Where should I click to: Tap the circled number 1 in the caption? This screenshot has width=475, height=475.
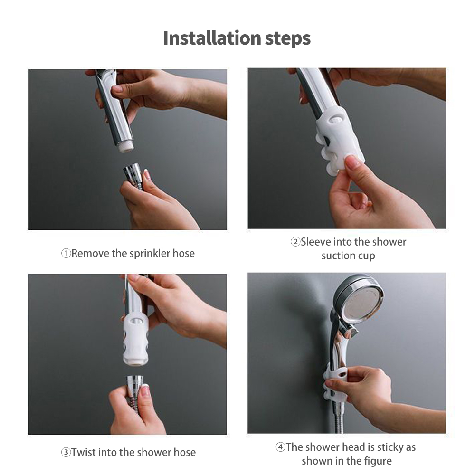click(x=66, y=254)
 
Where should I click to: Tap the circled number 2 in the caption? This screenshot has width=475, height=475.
click(x=295, y=242)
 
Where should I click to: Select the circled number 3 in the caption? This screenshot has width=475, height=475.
click(x=66, y=453)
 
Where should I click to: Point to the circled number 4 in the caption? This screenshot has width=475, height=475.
click(x=280, y=447)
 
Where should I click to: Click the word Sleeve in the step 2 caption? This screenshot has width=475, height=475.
click(x=316, y=242)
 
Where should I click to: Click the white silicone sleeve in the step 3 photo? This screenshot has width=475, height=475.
click(x=136, y=340)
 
